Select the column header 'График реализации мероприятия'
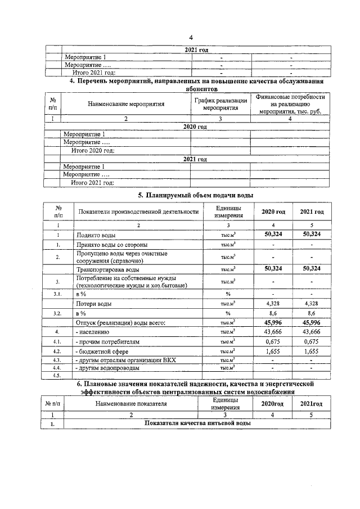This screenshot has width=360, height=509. tap(220, 103)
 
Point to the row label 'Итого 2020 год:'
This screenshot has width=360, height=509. tap(93, 151)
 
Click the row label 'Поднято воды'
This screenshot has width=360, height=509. tap(96, 234)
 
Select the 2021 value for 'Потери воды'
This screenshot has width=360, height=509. tap(311, 304)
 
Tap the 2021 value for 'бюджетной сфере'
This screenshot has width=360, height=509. tap(311, 350)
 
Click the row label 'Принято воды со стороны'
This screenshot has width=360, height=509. tap(112, 245)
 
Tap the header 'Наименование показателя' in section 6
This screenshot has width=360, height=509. tap(132, 404)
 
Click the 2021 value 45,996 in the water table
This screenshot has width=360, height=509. tap(311, 323)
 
